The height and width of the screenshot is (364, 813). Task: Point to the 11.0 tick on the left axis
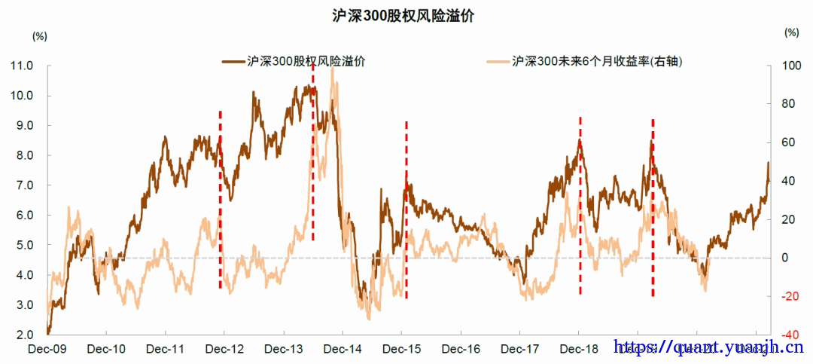(x=21, y=66)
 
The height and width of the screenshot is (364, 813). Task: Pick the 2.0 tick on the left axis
(x=23, y=335)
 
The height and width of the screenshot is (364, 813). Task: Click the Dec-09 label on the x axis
(x=47, y=349)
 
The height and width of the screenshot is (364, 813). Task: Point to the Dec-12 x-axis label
(x=224, y=349)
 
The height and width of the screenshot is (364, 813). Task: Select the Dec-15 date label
(x=401, y=349)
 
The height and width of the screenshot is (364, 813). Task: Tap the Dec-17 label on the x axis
(x=519, y=349)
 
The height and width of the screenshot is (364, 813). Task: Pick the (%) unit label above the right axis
(x=790, y=32)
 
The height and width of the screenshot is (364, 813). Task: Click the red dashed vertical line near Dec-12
(x=221, y=200)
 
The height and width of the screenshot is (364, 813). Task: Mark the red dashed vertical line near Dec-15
(x=406, y=211)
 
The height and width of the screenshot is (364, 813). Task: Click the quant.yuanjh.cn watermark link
(x=708, y=347)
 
